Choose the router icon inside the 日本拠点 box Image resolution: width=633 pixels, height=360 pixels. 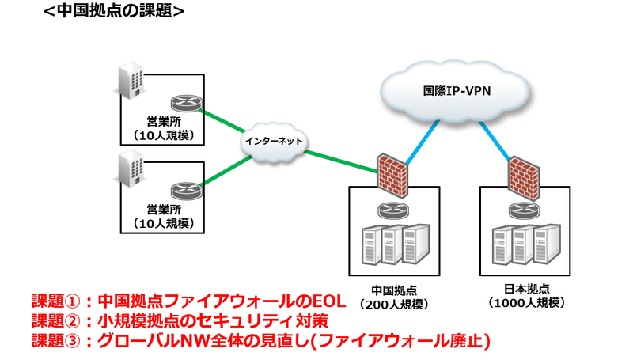[522, 210]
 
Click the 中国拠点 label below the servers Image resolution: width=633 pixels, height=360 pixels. [392, 289]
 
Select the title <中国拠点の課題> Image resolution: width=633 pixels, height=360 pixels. [116, 11]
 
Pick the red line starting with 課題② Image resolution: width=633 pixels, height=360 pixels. [179, 320]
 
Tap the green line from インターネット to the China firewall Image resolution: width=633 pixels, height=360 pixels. [340, 157]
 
